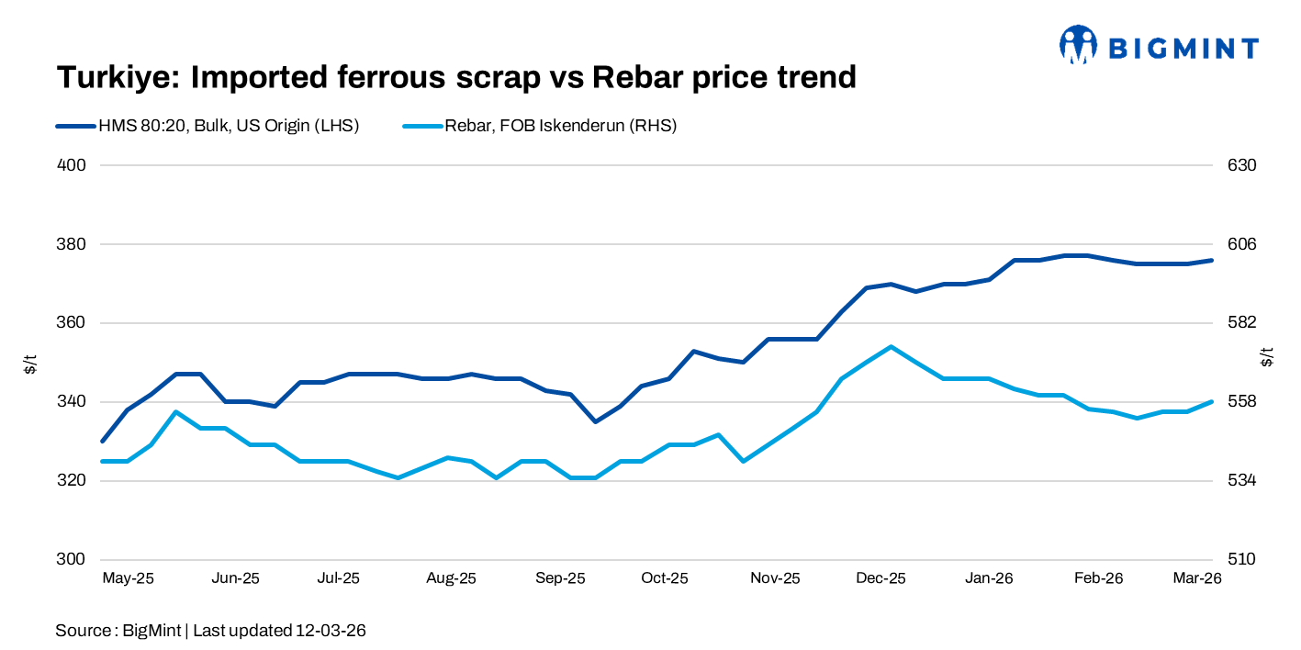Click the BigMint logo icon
1079,44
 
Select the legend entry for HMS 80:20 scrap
228,127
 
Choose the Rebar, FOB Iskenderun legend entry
560,127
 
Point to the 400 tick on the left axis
73,165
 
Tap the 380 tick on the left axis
73,244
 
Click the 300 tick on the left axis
73,559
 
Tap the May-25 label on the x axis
128,578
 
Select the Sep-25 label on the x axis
560,578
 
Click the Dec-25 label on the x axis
880,578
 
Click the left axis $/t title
30,362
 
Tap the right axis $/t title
1269,357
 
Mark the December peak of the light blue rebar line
891,347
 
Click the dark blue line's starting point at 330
103,441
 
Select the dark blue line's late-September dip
595,421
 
